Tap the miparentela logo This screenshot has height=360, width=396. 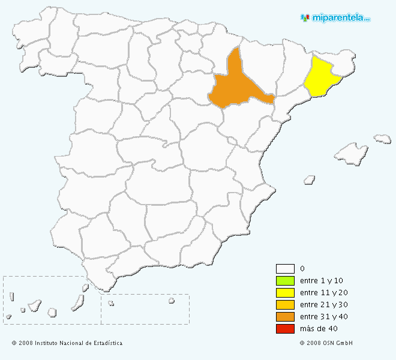pyautogui.click(x=335, y=17)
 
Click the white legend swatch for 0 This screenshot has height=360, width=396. pyautogui.click(x=285, y=269)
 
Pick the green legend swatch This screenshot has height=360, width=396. pyautogui.click(x=285, y=281)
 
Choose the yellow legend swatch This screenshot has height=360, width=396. pyautogui.click(x=285, y=293)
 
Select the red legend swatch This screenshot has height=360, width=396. pyautogui.click(x=285, y=329)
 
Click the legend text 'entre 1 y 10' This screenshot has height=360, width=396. pyautogui.click(x=322, y=281)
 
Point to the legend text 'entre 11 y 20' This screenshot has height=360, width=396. pyautogui.click(x=323, y=293)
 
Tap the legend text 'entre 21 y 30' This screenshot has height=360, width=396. pyautogui.click(x=323, y=305)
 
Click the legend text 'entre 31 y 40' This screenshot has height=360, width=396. pyautogui.click(x=323, y=317)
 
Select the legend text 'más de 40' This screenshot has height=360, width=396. pyautogui.click(x=318, y=329)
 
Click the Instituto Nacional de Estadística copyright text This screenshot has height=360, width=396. pyautogui.click(x=67, y=343)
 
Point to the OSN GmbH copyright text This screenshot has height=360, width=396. pyautogui.click(x=326, y=343)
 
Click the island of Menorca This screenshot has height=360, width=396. pyautogui.click(x=382, y=139)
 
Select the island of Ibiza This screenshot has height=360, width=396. pyautogui.click(x=309, y=179)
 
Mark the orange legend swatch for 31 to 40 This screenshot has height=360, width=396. pyautogui.click(x=285, y=317)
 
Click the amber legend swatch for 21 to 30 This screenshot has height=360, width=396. pyautogui.click(x=285, y=305)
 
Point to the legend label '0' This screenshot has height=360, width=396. pyautogui.click(x=302, y=269)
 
